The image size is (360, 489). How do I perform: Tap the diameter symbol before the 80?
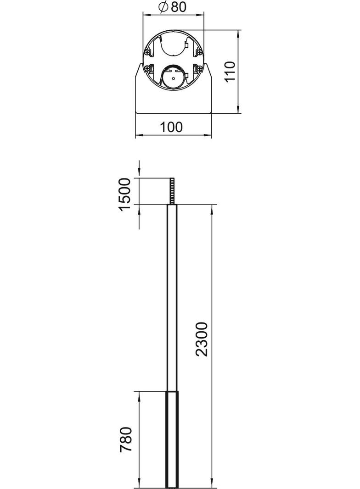[x=163, y=7]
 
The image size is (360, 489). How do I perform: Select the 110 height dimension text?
[x=230, y=71]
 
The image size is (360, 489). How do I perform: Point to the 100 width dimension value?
[x=172, y=127]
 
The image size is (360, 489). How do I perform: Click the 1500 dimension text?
[x=125, y=194]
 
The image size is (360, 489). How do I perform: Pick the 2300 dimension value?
[x=202, y=339]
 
